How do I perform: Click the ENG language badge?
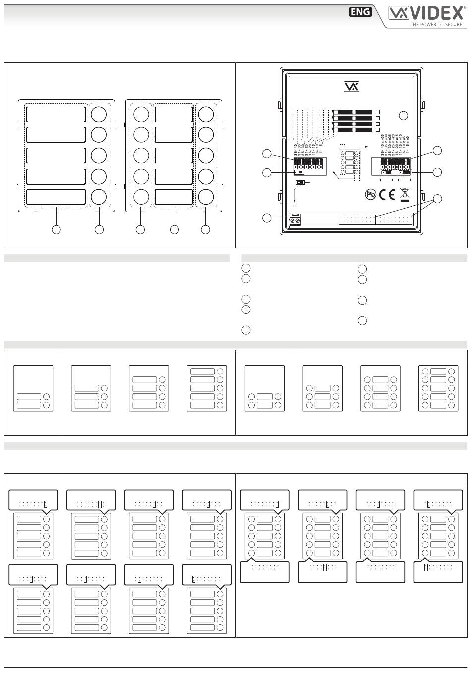click(x=360, y=12)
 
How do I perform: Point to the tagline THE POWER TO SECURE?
click(x=436, y=24)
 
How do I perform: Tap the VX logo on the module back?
click(x=352, y=87)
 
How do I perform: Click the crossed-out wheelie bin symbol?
click(x=405, y=195)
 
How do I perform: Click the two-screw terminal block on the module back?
click(x=294, y=220)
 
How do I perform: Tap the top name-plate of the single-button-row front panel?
click(x=56, y=114)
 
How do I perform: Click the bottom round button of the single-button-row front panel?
click(x=99, y=197)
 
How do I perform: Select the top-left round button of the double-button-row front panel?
click(x=141, y=114)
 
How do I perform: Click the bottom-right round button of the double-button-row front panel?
click(x=206, y=197)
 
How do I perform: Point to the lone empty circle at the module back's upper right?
click(x=404, y=116)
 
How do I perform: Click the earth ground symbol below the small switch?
click(x=295, y=204)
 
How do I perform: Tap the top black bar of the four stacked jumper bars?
click(x=353, y=112)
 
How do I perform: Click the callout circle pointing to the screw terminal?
click(x=267, y=218)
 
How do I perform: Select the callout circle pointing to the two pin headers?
click(x=437, y=199)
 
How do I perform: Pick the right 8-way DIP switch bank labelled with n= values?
click(x=396, y=163)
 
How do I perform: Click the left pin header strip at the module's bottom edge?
click(x=357, y=220)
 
